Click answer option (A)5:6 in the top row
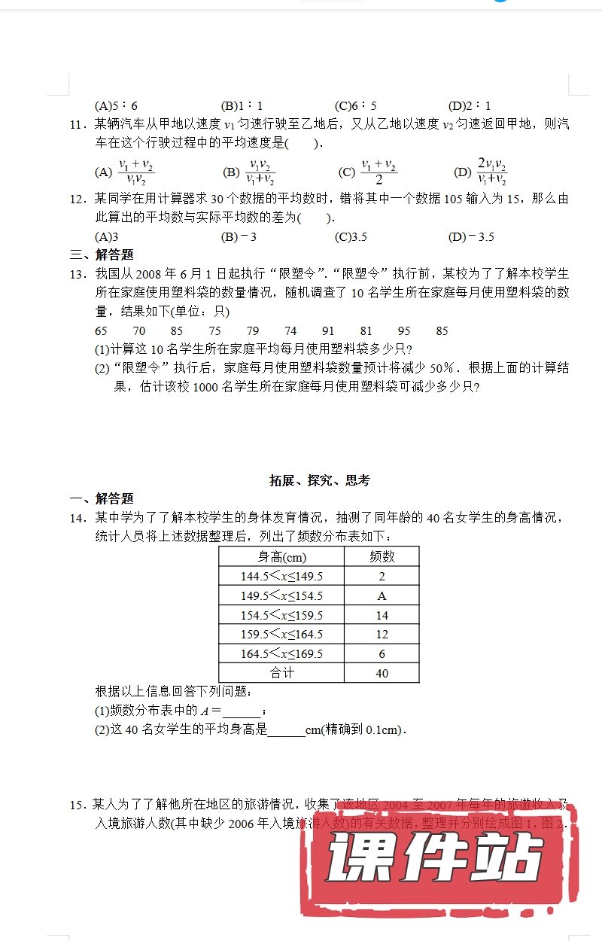click(117, 106)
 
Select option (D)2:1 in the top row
click(470, 106)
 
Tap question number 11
click(79, 125)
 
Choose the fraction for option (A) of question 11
click(136, 172)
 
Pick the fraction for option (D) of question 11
click(491, 172)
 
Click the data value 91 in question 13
click(328, 330)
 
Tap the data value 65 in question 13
click(102, 330)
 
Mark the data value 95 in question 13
click(404, 330)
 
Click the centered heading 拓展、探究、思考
click(320, 480)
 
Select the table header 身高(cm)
click(281, 557)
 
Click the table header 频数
click(382, 557)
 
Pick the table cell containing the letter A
click(382, 595)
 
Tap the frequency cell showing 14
click(382, 615)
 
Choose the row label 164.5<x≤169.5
click(281, 654)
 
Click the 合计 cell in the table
click(281, 673)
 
